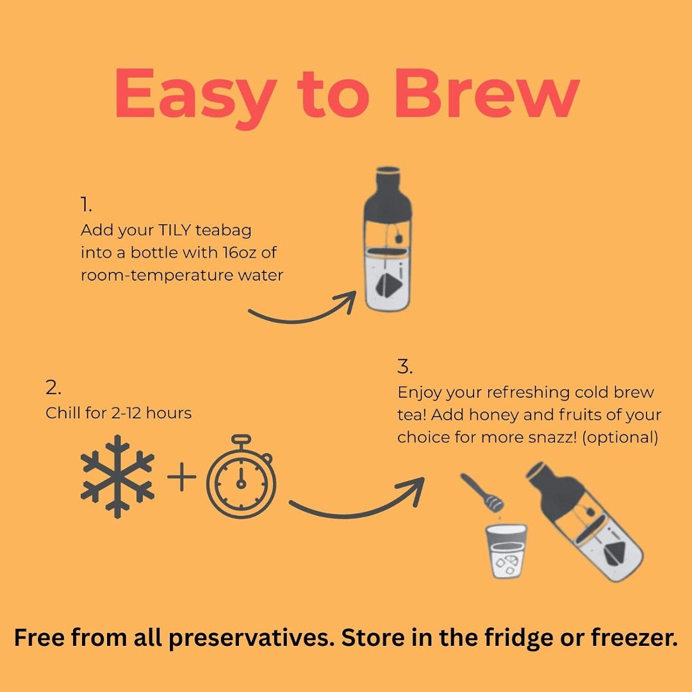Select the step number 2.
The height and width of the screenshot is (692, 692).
(x=53, y=388)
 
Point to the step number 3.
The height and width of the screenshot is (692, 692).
(x=405, y=367)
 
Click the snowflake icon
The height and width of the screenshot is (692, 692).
(x=118, y=477)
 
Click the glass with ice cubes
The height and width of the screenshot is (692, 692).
(x=507, y=553)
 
